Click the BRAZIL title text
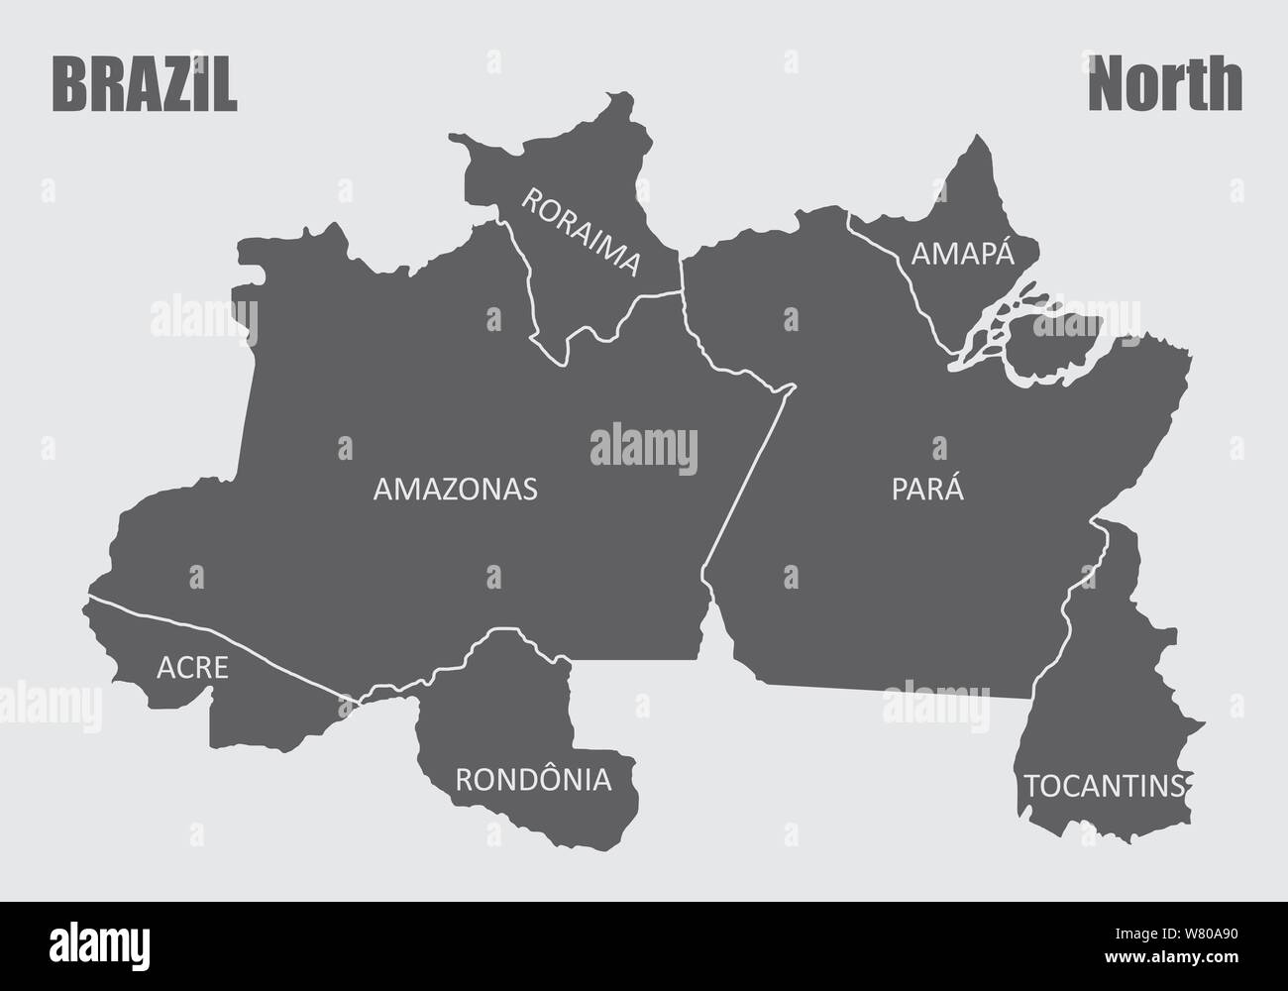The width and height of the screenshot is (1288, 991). pos(145,87)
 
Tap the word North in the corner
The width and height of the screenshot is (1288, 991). pos(1164,86)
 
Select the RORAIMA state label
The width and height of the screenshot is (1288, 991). pos(582,233)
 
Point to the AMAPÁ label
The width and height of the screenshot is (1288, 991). pos(963,255)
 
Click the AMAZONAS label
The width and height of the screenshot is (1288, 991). pos(455,489)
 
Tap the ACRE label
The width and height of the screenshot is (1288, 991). pos(192,667)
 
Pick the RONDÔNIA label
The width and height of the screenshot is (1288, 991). pos(533,780)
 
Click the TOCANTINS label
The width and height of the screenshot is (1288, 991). pos(1104,787)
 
